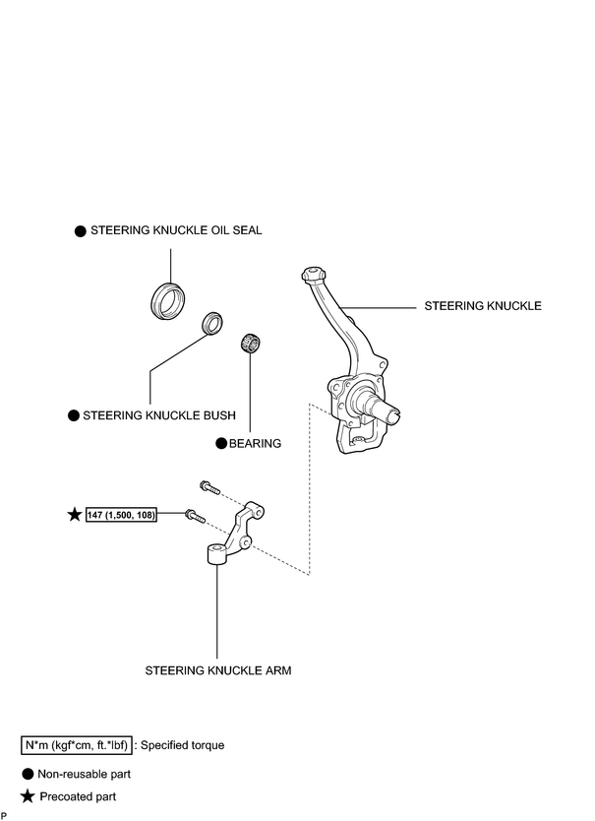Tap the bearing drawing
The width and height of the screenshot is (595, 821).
(x=250, y=343)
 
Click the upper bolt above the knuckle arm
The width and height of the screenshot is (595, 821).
(x=209, y=487)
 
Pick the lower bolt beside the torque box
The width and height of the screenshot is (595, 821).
(x=195, y=516)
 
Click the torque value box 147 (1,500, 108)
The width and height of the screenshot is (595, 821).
(x=121, y=515)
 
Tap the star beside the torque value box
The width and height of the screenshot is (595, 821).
(x=76, y=514)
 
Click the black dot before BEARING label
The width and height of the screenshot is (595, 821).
(x=221, y=444)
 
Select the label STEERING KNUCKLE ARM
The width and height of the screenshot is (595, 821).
(x=217, y=670)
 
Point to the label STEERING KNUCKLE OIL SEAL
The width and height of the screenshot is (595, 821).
(x=176, y=230)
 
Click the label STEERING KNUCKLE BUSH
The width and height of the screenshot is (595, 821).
(x=159, y=415)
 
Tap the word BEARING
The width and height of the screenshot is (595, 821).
(x=255, y=444)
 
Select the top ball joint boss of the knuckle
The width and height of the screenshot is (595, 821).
(x=314, y=274)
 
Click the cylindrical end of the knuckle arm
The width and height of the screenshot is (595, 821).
(x=216, y=554)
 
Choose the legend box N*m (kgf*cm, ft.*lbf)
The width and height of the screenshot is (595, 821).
(x=77, y=745)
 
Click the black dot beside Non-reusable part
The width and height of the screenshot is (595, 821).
(x=28, y=774)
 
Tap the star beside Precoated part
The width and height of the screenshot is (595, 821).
(x=28, y=796)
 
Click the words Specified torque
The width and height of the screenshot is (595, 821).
(x=183, y=745)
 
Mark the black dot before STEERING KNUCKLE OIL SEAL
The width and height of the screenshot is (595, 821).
(x=80, y=231)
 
